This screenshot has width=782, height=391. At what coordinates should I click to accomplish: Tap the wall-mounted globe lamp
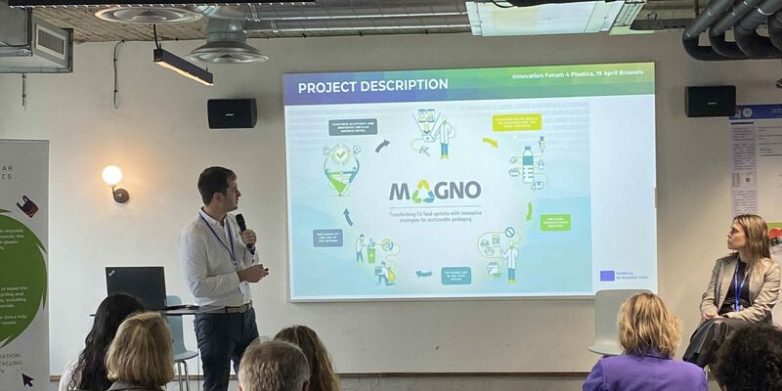[x=112, y=176]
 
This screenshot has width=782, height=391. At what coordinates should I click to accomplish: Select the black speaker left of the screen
[x=232, y=113]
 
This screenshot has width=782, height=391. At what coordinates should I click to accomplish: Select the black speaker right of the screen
[x=710, y=101]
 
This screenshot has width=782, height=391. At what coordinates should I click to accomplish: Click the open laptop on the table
[x=137, y=286]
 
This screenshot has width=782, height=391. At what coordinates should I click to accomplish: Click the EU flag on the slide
[x=607, y=276]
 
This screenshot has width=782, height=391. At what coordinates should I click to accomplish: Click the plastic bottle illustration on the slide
[x=528, y=163]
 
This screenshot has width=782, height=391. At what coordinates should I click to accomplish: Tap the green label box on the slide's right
[x=555, y=222]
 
